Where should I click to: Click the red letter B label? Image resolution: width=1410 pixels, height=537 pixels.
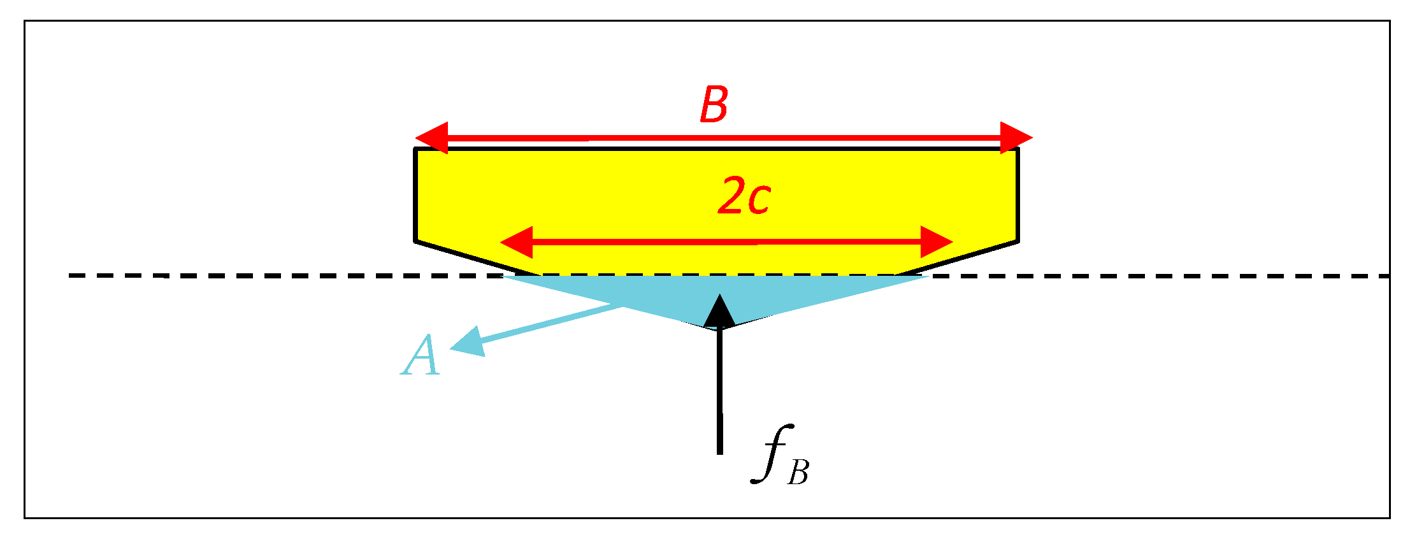click(x=714, y=105)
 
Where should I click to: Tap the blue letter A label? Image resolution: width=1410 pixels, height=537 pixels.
click(x=421, y=356)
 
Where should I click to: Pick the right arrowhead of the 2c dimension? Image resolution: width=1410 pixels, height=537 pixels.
click(x=936, y=242)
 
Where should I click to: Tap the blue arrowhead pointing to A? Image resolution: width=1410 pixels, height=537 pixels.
click(x=468, y=343)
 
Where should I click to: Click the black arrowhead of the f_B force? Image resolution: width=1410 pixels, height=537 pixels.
click(x=719, y=312)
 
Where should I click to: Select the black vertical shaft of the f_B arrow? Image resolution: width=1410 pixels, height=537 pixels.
click(x=719, y=395)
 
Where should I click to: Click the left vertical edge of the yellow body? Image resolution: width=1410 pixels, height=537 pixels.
click(x=415, y=194)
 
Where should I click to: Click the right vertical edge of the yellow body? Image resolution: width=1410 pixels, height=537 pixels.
click(x=1018, y=194)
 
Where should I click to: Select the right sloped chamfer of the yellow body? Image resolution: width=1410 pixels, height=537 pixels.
click(x=956, y=258)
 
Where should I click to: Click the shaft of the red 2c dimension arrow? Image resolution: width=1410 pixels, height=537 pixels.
click(x=726, y=242)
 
